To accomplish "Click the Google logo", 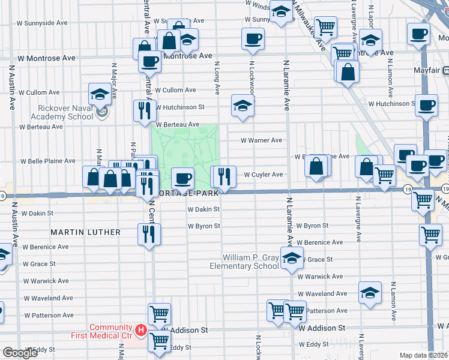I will coord(20,353).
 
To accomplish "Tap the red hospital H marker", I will coord(140,330).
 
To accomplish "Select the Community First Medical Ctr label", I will coord(110,331).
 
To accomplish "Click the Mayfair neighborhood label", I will coord(427,70).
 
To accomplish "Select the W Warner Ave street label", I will coord(261,140).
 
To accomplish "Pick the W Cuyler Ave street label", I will coord(263,175).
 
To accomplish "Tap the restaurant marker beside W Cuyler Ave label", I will coord(224,176).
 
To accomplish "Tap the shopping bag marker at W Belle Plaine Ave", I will coord(318,165).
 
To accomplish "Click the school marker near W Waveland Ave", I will coord(370,293).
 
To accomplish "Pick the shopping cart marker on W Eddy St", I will coord(159,341).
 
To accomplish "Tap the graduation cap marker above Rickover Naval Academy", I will coord(100,94).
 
